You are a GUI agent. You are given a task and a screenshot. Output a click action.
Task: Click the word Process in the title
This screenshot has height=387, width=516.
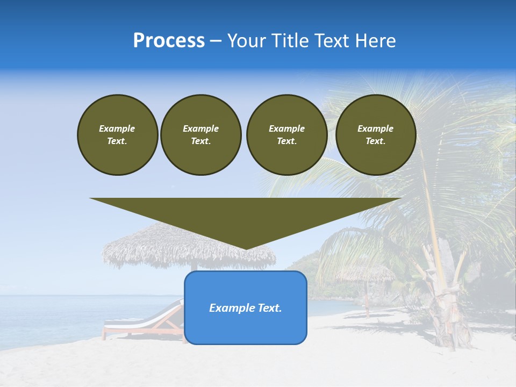[x=169, y=41]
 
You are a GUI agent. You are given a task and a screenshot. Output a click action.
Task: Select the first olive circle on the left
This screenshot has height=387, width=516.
[x=117, y=135]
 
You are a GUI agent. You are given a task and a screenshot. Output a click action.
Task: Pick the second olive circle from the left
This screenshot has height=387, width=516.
[x=200, y=135]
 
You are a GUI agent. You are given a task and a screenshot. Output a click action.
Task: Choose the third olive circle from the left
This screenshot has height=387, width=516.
[x=286, y=135]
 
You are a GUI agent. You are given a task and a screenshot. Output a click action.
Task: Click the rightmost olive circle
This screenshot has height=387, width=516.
[x=375, y=135]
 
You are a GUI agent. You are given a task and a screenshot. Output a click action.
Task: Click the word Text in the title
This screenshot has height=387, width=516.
[x=333, y=41]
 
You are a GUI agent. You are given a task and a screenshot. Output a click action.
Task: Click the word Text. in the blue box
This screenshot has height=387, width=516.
[x=269, y=308]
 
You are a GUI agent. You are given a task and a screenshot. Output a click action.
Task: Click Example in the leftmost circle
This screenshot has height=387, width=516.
[x=117, y=128]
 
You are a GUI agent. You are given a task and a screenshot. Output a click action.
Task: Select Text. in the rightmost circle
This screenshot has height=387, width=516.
[x=375, y=141]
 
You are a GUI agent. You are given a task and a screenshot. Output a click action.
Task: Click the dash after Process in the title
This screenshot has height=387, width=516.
[x=216, y=41]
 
